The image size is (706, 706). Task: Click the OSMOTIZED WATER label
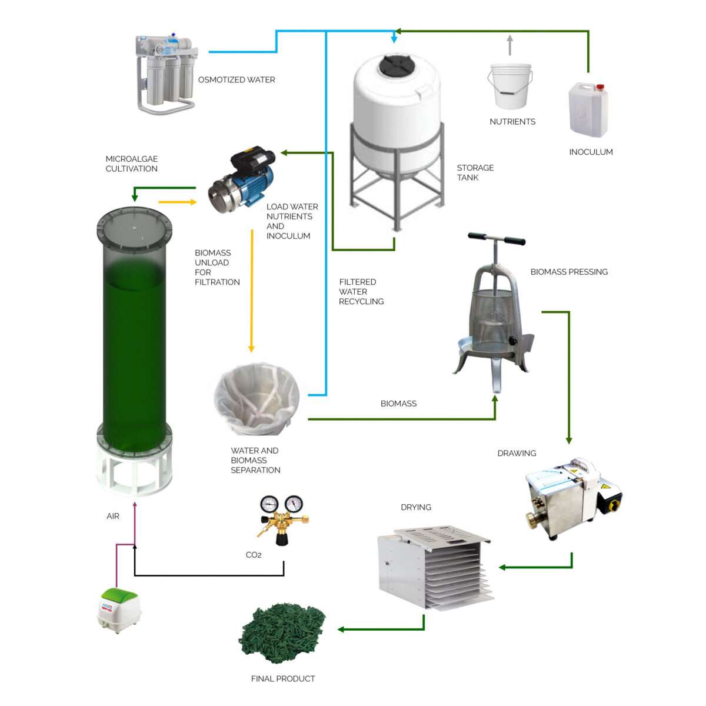tap(237, 80)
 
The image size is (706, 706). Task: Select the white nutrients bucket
tap(510, 86)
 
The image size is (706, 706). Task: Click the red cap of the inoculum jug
tap(600, 87)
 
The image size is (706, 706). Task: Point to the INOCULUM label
tap(591, 152)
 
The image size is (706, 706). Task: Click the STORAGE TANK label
tap(475, 172)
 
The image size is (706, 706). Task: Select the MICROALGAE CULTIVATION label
tap(132, 164)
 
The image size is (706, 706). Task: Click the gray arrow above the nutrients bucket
tap(509, 45)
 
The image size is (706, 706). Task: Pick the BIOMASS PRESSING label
tap(569, 272)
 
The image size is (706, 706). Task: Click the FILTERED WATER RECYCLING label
tap(361, 292)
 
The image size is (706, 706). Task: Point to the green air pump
tap(119, 610)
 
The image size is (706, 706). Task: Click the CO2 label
tap(254, 555)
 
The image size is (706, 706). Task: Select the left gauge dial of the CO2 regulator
tap(269, 504)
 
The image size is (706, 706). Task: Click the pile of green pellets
tap(281, 640)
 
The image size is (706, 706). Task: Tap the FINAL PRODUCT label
tap(283, 679)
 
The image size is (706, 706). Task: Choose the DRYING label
tap(416, 507)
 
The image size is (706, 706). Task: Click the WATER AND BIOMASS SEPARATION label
tap(255, 461)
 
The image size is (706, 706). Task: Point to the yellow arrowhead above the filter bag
tap(251, 348)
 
